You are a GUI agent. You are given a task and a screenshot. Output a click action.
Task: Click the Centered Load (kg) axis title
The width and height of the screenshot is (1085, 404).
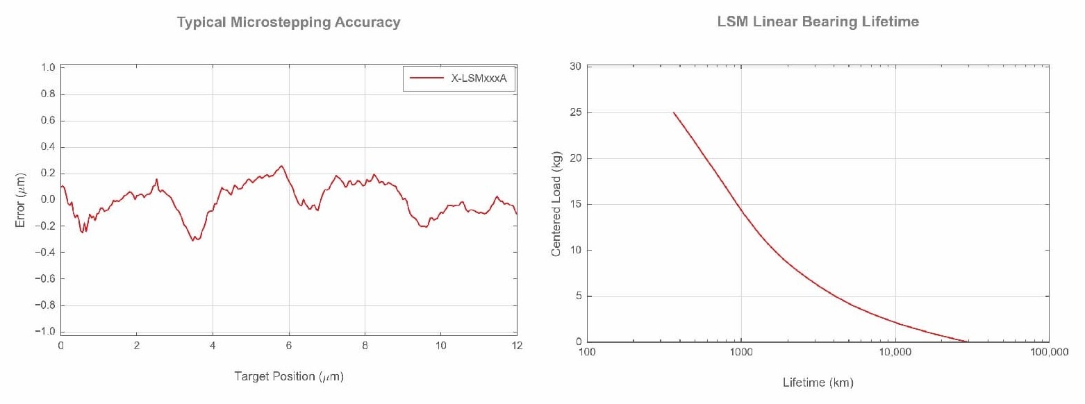[x=556, y=206]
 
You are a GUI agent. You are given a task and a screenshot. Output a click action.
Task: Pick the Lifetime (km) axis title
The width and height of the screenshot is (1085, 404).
[x=818, y=382]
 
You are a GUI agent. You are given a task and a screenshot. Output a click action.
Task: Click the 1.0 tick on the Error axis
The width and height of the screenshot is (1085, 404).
[x=48, y=67]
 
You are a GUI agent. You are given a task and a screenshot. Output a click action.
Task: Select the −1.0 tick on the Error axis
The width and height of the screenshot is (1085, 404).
[x=46, y=332]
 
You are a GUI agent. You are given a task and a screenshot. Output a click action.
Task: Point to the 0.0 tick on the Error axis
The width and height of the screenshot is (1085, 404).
[x=48, y=200]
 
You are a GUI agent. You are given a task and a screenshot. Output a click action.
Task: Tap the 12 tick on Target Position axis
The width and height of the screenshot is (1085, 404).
[x=517, y=346]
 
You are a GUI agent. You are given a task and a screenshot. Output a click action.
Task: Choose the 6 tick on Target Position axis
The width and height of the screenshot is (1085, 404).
[x=289, y=346]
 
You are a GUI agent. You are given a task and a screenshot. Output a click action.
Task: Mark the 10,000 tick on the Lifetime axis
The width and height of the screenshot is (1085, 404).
[x=895, y=352]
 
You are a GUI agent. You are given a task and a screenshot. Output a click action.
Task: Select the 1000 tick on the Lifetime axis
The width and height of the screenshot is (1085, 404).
[x=742, y=352]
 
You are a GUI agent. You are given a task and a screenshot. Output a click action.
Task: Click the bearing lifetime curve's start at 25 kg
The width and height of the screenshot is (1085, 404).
[x=673, y=112]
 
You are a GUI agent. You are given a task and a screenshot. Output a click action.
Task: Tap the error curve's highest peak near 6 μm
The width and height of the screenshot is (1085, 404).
[x=281, y=166]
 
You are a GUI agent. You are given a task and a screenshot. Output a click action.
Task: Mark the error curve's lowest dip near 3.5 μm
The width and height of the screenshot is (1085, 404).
[x=194, y=240]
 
